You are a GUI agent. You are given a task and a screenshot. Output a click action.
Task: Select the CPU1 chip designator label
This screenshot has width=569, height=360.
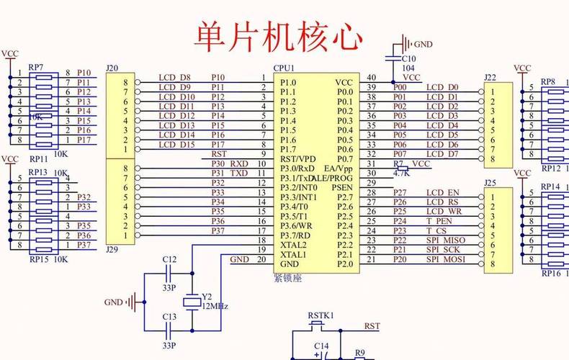[284, 68]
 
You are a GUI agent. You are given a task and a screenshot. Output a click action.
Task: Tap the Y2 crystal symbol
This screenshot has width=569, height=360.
[192, 303]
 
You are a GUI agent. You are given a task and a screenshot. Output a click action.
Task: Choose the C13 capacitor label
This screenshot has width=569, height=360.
[169, 317]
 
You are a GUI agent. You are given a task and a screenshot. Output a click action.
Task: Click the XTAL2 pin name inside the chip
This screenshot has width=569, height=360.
[293, 245]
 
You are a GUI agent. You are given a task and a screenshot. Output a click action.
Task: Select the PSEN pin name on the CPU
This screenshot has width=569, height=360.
[342, 187]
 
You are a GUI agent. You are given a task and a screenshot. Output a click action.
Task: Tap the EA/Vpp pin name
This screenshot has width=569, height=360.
[339, 168]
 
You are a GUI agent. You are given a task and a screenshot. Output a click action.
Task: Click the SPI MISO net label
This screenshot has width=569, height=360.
[445, 240]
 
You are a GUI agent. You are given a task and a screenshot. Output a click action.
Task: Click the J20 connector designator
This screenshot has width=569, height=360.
[112, 68]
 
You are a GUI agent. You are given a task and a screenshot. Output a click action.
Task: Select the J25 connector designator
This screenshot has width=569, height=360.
[490, 183]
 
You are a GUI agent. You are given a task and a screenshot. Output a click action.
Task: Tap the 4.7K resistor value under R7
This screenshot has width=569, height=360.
[401, 173]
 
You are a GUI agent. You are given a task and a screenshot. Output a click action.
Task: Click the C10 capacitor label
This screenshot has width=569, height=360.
[408, 59]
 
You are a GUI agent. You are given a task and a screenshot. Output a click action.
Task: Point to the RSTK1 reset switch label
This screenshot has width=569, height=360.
[321, 315]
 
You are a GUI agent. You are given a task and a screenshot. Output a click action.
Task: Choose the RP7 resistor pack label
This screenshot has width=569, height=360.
[36, 67]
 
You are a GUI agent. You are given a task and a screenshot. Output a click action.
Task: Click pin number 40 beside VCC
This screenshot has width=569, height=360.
[371, 77]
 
